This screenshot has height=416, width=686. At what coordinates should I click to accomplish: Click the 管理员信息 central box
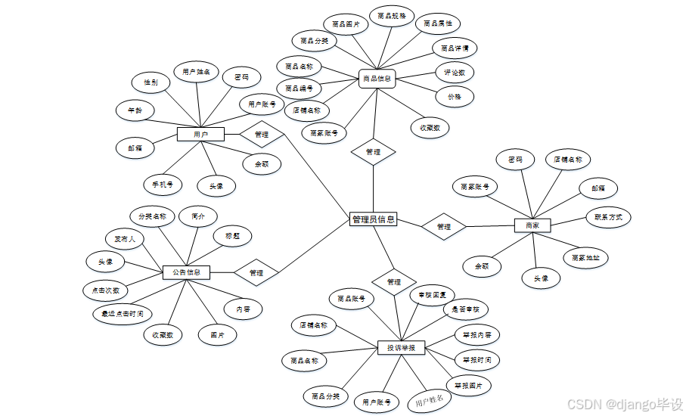point(373,219)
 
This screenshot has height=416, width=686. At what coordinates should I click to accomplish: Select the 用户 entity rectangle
point(200,135)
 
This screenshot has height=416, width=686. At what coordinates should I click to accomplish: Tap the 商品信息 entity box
point(377,78)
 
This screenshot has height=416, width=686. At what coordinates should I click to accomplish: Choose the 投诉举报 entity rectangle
point(401,348)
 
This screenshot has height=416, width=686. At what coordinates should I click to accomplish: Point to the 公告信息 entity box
point(186,272)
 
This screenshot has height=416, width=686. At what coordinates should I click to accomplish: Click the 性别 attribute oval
point(151,82)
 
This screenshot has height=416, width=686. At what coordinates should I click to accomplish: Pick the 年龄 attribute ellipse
point(135,110)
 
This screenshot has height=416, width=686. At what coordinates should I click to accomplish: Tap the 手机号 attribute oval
point(163,184)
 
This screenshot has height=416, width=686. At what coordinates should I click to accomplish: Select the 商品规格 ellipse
point(392,15)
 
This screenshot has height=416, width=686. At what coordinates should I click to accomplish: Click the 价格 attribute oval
point(455,96)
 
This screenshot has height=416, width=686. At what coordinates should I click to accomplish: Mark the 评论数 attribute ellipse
point(455,73)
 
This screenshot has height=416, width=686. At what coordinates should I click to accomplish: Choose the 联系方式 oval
point(609,217)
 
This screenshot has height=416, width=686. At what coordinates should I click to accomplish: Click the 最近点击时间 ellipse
point(117,313)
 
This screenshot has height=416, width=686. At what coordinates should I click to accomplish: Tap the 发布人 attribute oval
point(124,239)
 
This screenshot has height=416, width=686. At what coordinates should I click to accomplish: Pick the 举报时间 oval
point(476,359)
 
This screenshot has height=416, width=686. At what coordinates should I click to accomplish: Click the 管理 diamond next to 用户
point(262,135)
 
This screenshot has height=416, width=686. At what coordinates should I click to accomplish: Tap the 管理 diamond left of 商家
point(444,226)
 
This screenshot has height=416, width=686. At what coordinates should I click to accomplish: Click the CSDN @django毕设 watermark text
point(625,404)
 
